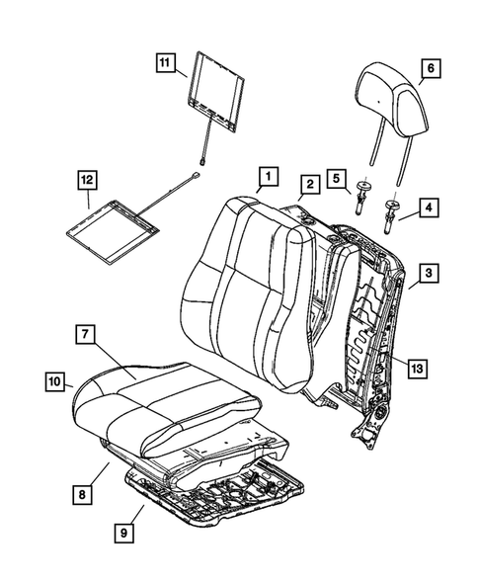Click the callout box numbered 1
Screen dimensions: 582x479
tap(265, 179)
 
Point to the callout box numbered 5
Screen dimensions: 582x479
tap(336, 179)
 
